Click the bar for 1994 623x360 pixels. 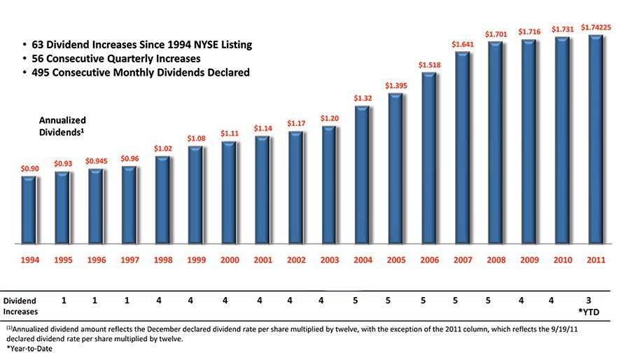click(x=29, y=209)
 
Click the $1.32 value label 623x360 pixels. click(x=363, y=98)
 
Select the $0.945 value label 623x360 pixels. click(x=97, y=160)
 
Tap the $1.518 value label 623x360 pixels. click(x=429, y=64)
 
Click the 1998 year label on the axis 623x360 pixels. click(x=163, y=260)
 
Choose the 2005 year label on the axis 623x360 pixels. click(x=396, y=260)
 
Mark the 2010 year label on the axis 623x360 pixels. click(x=563, y=260)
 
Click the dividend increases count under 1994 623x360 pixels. click(x=64, y=300)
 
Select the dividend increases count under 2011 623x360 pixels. click(x=596, y=300)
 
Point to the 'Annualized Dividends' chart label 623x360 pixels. click(x=62, y=125)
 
